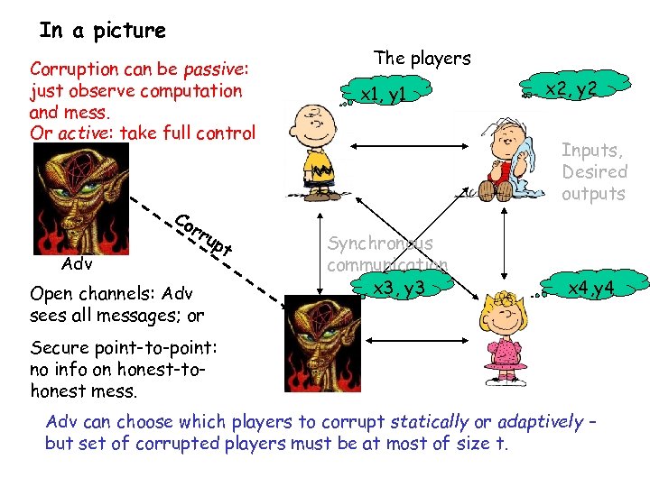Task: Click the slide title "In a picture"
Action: click(x=102, y=30)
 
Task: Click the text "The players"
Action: click(x=422, y=58)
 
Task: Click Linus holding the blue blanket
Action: click(x=507, y=160)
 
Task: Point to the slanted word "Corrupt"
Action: click(x=204, y=233)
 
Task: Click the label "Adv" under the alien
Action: click(x=76, y=264)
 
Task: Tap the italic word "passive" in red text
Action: click(x=215, y=69)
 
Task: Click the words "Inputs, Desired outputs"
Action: click(x=593, y=171)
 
